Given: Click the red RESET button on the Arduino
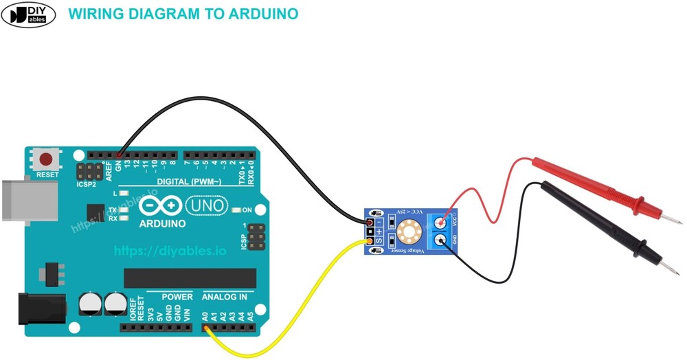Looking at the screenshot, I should [47, 160].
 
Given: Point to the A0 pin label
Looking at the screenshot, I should [205, 317].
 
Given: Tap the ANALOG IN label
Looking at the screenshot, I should [224, 297].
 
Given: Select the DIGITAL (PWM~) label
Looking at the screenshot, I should [189, 181].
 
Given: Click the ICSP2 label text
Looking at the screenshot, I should [87, 184].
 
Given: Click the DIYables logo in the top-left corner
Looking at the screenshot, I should [30, 14].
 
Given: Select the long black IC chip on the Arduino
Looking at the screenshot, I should [190, 278].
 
